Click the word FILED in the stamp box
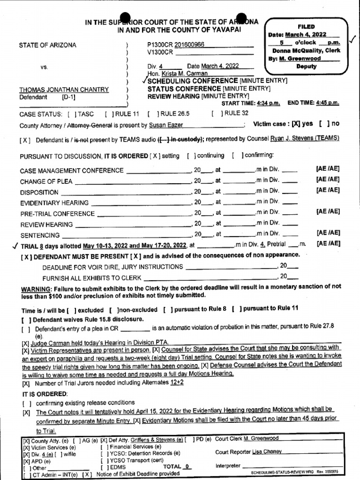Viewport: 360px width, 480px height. point(306,27)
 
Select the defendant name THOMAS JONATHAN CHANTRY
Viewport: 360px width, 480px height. point(64,90)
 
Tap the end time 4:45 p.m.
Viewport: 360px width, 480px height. point(327,103)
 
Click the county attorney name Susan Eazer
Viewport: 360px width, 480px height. point(165,125)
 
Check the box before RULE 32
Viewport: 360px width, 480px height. point(216,113)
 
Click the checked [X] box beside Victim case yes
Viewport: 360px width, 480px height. point(295,124)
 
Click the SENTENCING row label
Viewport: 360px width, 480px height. point(40,235)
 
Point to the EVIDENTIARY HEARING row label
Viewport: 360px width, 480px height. point(54,203)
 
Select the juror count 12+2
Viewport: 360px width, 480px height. point(177,383)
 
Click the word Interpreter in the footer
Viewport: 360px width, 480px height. point(228,466)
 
